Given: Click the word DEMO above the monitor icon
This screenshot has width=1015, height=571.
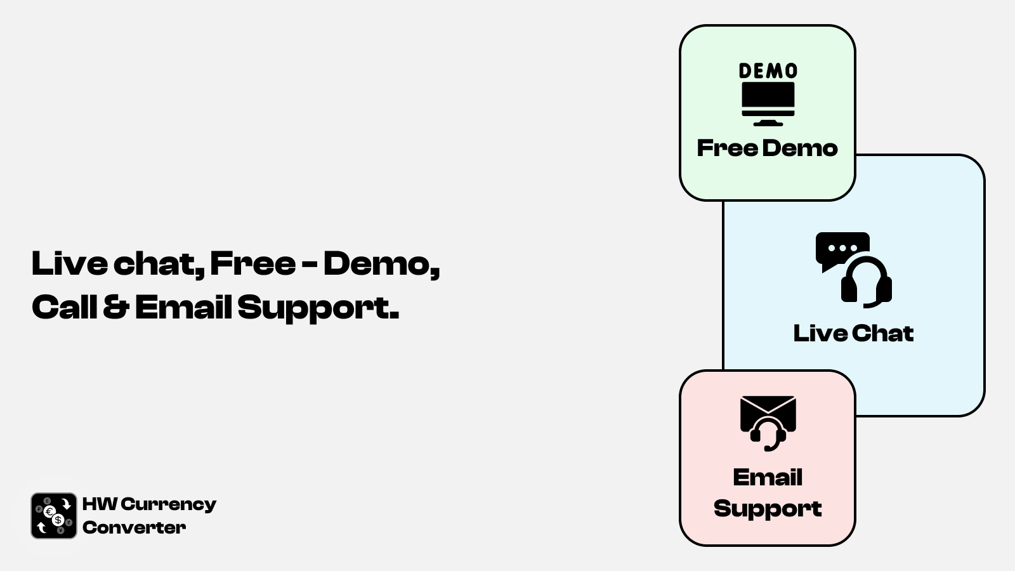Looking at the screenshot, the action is (768, 70).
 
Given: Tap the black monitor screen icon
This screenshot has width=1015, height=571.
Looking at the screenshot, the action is (768, 103).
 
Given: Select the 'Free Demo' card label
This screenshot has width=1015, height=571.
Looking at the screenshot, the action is (767, 148).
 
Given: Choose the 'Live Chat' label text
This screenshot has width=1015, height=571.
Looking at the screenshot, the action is (853, 333).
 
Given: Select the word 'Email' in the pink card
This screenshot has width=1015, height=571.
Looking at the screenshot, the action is (768, 477).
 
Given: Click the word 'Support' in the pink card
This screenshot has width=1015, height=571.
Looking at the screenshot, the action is (768, 508).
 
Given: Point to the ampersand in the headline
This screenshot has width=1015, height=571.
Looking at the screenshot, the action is (116, 307).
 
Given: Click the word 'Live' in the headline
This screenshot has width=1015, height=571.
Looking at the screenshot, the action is (70, 263).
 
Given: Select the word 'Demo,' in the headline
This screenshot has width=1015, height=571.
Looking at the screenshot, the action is (381, 265).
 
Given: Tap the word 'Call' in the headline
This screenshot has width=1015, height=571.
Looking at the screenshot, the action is (64, 307).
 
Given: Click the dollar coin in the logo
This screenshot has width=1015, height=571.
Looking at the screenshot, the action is (58, 520).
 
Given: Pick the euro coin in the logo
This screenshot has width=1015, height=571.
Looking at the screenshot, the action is (49, 512).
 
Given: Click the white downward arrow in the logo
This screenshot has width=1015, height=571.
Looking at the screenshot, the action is (66, 504).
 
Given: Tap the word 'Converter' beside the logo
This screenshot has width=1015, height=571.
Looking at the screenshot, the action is (134, 527).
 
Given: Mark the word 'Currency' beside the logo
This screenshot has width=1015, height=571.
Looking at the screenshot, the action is (169, 505).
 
